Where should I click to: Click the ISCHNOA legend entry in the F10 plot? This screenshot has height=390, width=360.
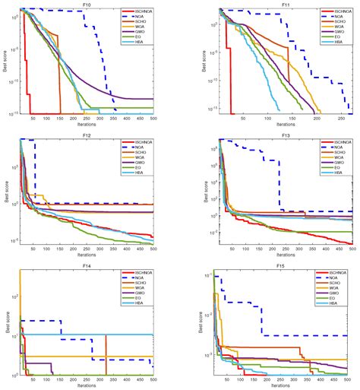tap(139, 12)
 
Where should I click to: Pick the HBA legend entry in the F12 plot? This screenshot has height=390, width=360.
tap(137, 176)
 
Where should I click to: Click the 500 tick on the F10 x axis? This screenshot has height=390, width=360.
tap(153, 119)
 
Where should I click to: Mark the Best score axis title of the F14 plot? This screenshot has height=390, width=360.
tap(6, 323)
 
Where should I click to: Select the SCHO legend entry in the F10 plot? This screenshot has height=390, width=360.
tap(137, 23)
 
